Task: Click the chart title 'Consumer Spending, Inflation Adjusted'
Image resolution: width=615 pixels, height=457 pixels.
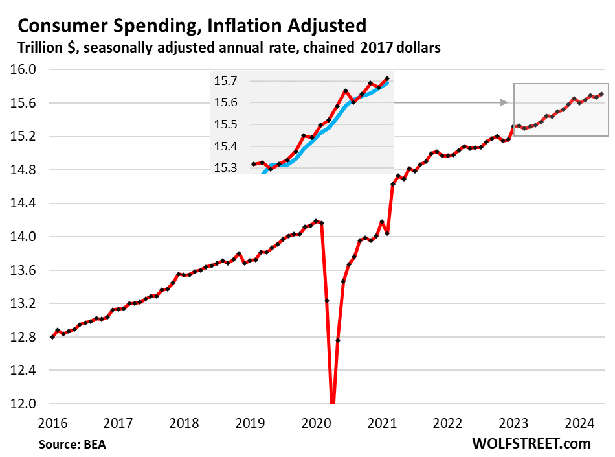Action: click(192, 26)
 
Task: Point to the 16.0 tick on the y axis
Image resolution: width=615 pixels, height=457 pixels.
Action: click(24, 69)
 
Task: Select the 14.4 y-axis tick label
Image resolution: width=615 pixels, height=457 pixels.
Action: click(24, 204)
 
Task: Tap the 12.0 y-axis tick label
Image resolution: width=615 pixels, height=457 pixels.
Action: click(24, 404)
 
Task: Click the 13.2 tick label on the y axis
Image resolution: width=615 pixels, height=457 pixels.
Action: click(24, 304)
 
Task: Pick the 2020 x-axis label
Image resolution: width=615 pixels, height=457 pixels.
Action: click(316, 424)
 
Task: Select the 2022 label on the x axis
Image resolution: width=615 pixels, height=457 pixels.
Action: click(447, 424)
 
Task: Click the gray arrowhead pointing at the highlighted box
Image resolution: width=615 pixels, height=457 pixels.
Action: click(505, 102)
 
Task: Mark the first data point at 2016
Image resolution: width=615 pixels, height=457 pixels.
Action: click(52, 337)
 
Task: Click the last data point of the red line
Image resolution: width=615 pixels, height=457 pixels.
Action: click(602, 94)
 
